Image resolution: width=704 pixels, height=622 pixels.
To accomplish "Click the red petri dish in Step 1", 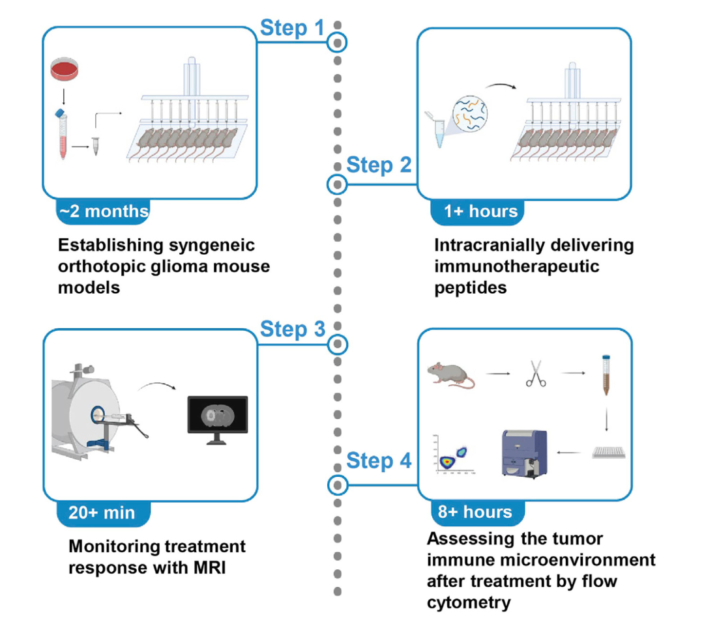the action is point(64,68).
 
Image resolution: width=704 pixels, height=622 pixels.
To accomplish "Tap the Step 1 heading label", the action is point(292,28).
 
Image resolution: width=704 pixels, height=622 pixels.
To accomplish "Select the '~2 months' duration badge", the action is point(103,211).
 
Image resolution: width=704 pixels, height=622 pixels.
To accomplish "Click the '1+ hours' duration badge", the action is point(478,211).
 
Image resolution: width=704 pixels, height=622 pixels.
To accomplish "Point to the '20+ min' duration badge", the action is point(104,513).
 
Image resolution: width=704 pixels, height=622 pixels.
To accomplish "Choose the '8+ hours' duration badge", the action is point(478,512).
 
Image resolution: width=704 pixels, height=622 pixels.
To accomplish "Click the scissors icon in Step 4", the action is point(536,373).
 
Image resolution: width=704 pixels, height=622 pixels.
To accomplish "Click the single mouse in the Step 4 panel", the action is point(451,375).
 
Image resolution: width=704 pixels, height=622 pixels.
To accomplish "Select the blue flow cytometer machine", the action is point(524,454).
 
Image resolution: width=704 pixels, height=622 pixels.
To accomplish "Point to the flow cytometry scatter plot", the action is point(454,454).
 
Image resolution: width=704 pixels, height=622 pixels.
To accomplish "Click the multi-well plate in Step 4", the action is point(609,452).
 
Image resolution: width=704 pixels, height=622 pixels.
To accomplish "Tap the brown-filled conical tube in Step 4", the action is point(607,375).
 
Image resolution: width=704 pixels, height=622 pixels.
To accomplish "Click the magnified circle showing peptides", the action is point(469,113).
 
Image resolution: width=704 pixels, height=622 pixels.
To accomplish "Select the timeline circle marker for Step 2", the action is point(337,184).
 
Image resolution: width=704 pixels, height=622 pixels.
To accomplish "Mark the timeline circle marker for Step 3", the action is point(338,345).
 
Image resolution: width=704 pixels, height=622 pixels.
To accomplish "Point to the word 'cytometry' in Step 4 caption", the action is point(469,602).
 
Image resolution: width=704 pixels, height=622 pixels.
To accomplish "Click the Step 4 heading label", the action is point(379,460).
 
